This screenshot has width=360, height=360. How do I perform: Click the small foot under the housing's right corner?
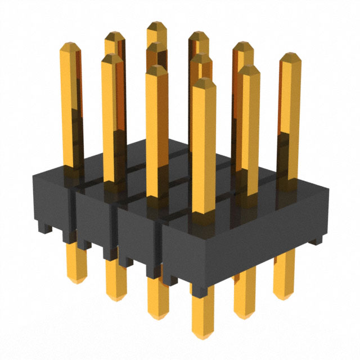coord(318,241)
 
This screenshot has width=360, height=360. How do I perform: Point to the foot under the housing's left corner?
coord(42,228)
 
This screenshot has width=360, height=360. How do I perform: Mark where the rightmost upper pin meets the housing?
coord(289,179)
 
